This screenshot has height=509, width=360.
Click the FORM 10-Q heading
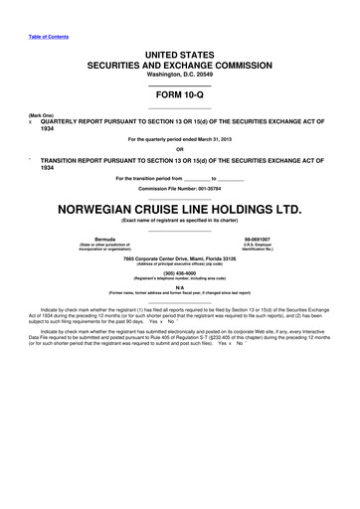179,96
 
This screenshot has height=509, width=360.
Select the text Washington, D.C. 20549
179,76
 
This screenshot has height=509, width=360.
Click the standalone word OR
179,149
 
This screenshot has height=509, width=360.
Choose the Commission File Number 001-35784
179,188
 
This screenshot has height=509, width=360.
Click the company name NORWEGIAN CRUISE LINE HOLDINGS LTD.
179,210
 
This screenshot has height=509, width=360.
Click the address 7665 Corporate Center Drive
179,258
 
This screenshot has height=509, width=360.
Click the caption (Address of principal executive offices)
179,265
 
